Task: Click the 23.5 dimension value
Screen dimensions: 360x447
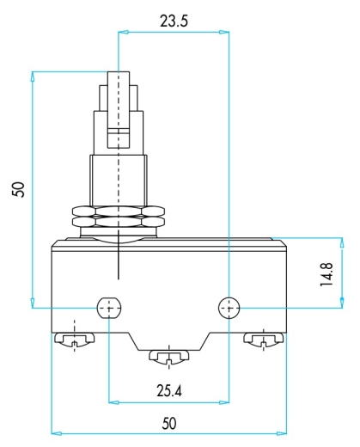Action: pyautogui.click(x=174, y=21)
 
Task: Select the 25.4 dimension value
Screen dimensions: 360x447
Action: pyautogui.click(x=169, y=390)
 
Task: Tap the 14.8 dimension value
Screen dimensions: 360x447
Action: pyautogui.click(x=326, y=274)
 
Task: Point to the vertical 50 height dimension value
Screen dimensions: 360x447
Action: pyautogui.click(x=18, y=189)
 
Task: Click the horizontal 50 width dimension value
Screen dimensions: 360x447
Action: pyautogui.click(x=169, y=424)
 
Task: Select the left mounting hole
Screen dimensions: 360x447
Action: pyautogui.click(x=109, y=309)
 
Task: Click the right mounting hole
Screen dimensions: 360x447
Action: pyautogui.click(x=229, y=309)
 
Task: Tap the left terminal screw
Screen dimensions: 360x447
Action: pyautogui.click(x=74, y=340)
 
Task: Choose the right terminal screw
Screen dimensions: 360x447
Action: pyautogui.click(x=264, y=340)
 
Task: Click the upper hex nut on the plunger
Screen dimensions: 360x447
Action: pyautogui.click(x=119, y=211)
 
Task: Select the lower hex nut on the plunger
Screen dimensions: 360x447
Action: pyautogui.click(x=119, y=222)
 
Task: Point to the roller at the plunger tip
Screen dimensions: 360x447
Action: pyautogui.click(x=119, y=110)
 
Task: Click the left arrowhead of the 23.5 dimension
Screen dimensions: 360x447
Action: pyautogui.click(x=123, y=33)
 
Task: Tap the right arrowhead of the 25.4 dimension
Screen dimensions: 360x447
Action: pyautogui.click(x=224, y=402)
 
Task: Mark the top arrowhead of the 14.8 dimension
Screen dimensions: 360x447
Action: pyautogui.click(x=342, y=242)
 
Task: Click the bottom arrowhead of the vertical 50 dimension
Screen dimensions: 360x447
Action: pyautogui.click(x=33, y=303)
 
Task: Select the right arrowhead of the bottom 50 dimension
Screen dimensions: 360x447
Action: pyautogui.click(x=282, y=433)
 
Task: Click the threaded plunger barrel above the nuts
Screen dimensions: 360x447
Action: pyautogui.click(x=119, y=181)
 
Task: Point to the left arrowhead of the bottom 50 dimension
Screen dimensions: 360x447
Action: pyautogui.click(x=57, y=433)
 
